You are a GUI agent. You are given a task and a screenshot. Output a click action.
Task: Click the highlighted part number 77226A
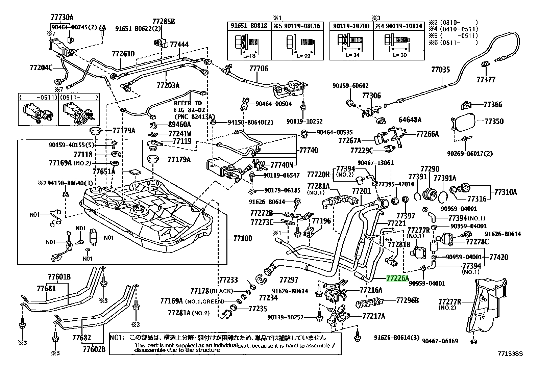pyautogui.click(x=397, y=279)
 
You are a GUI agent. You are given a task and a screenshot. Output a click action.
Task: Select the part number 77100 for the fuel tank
pyautogui.click(x=243, y=239)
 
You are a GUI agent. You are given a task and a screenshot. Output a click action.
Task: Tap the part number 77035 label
pyautogui.click(x=440, y=70)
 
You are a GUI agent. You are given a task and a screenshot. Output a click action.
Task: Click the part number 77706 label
pyautogui.click(x=259, y=69)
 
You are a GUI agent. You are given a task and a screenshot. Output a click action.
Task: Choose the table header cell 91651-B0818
pyautogui.click(x=249, y=26)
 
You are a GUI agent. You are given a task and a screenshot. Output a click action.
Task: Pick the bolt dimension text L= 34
pyautogui.click(x=352, y=55)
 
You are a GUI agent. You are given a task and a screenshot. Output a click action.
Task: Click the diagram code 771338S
pyautogui.click(x=510, y=354)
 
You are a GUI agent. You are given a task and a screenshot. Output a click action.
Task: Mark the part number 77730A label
pyautogui.click(x=62, y=17)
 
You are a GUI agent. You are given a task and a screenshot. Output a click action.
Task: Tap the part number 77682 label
pyautogui.click(x=82, y=338)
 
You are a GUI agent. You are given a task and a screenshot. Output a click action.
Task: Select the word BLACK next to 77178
pyautogui.click(x=221, y=291)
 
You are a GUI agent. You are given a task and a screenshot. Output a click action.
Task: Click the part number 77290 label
pyautogui.click(x=430, y=169)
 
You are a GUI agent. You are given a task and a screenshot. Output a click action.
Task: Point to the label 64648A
pyautogui.click(x=410, y=120)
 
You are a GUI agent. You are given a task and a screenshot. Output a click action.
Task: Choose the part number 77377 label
pyautogui.click(x=486, y=79)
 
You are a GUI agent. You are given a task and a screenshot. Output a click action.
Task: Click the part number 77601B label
pyautogui.click(x=59, y=277)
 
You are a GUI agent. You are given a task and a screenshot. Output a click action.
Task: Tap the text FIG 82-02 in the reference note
pyautogui.click(x=190, y=110)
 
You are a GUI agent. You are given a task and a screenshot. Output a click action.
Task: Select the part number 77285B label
pyautogui.click(x=164, y=22)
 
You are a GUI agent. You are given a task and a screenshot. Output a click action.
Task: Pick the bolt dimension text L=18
pyautogui.click(x=249, y=56)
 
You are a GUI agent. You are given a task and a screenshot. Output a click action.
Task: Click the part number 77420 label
pyautogui.click(x=498, y=257)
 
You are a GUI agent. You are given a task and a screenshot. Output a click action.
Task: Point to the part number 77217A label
pyautogui.click(x=373, y=316)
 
